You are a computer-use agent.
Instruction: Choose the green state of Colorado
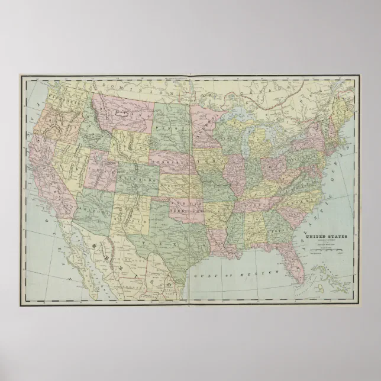[140, 177]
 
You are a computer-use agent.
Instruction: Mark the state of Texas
[172, 237]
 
